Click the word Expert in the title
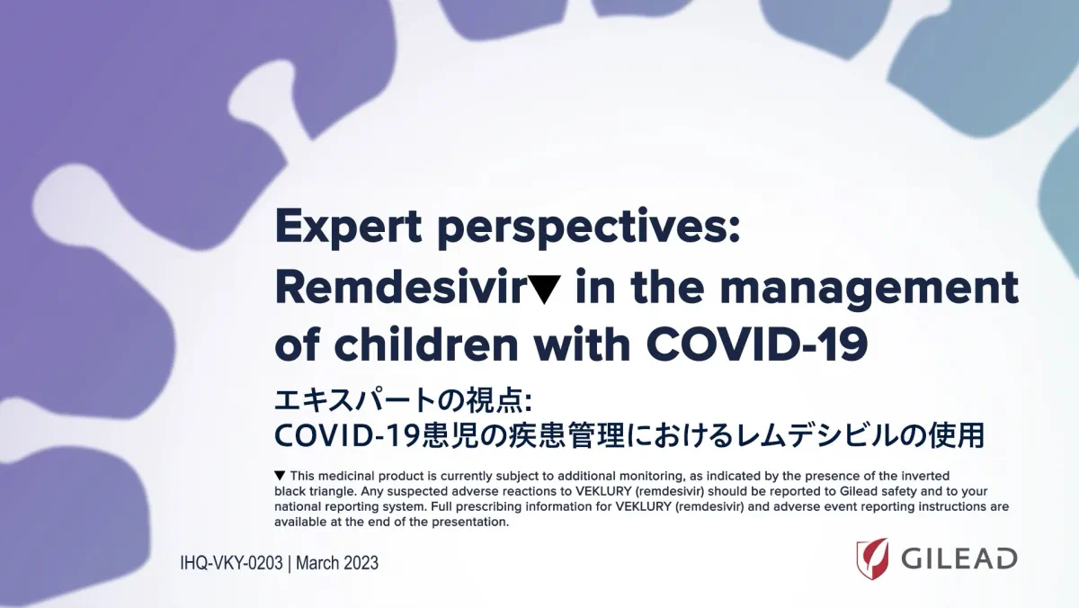[x=348, y=227]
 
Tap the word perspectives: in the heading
[x=589, y=228]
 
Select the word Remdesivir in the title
[x=400, y=287]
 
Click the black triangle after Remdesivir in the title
[x=544, y=290]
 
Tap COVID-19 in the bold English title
[x=757, y=344]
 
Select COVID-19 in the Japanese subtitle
[x=347, y=435]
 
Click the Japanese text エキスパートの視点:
[x=403, y=401]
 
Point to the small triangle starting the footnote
[x=280, y=476]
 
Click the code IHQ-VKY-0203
[x=231, y=563]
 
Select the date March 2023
[x=337, y=563]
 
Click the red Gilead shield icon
[x=872, y=559]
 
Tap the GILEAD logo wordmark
[x=959, y=559]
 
